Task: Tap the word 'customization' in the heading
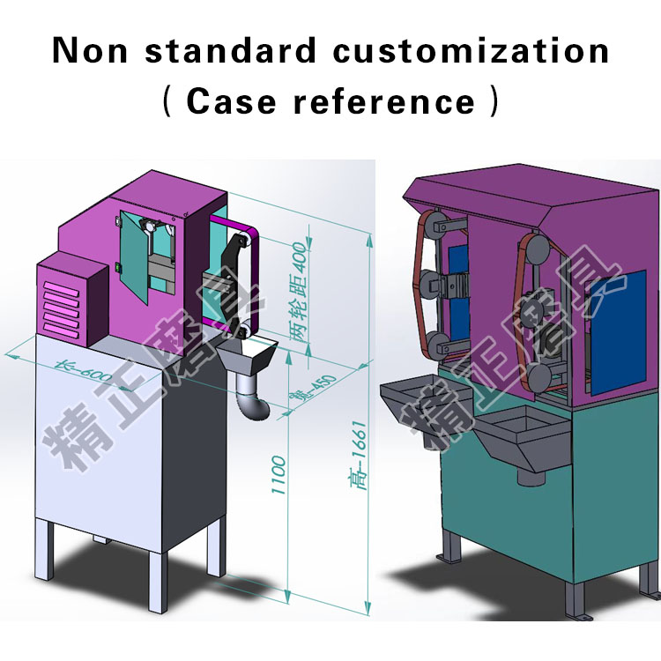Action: (470, 50)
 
